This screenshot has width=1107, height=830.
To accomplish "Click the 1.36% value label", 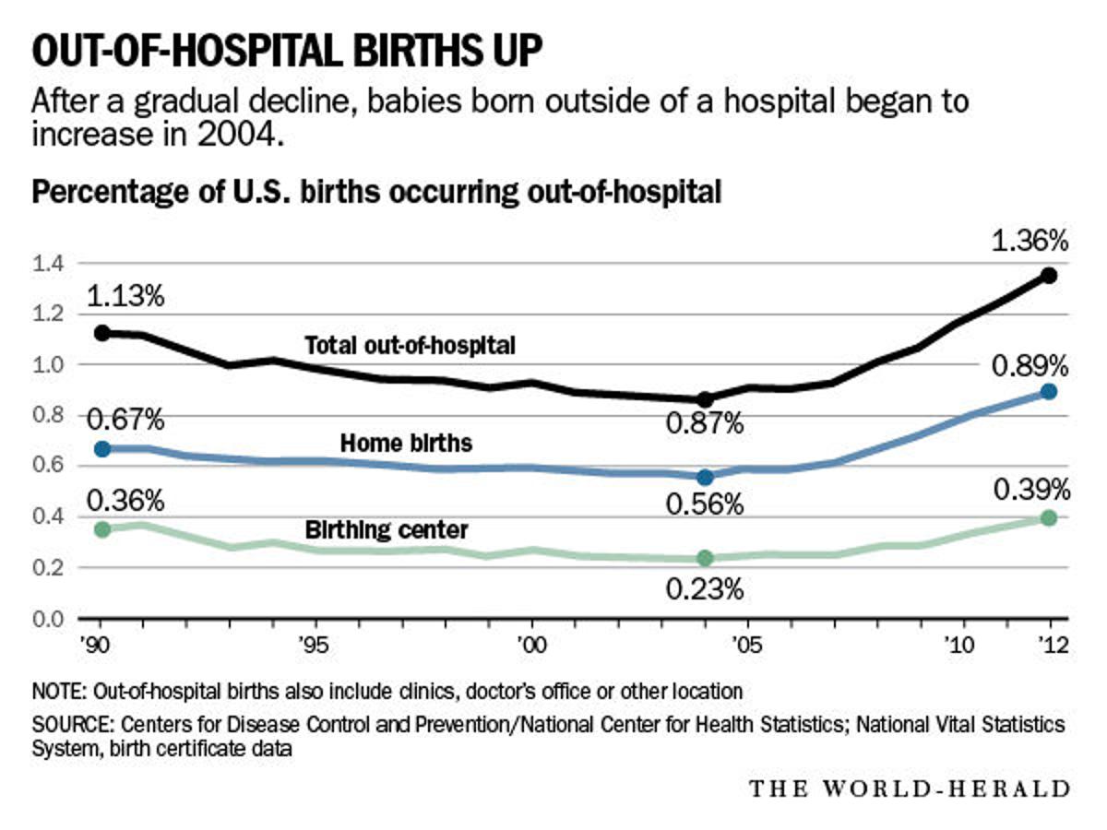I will [x=1029, y=242].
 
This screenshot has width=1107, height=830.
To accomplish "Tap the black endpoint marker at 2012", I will [x=1049, y=276].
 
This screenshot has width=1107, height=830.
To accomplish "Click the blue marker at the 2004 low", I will [x=705, y=477].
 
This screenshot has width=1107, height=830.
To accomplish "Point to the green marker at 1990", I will [x=102, y=529].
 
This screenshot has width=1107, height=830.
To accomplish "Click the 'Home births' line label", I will [x=407, y=444].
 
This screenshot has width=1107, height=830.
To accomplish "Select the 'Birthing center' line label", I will [x=387, y=530].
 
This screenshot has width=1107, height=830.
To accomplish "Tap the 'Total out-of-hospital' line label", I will [x=410, y=346].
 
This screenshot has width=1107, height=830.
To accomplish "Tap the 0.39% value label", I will [x=1030, y=489].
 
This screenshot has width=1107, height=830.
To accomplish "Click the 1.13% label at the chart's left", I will [x=125, y=297].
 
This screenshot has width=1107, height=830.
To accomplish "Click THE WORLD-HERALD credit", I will [x=910, y=789].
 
